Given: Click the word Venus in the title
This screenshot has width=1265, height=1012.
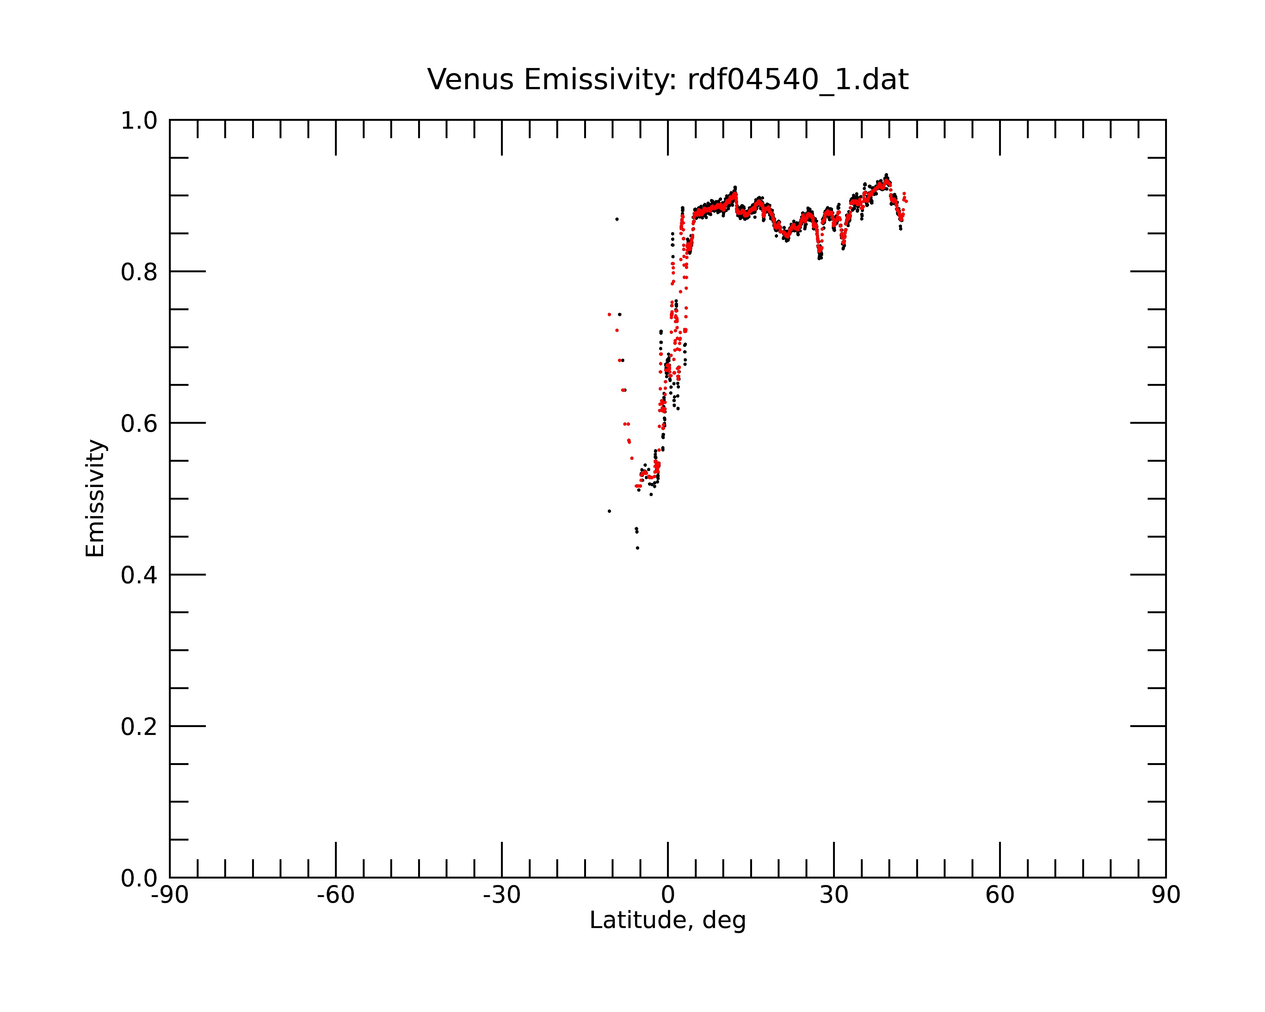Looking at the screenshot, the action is pos(471,80).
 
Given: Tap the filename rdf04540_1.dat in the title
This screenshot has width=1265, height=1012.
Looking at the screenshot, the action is pos(798,80).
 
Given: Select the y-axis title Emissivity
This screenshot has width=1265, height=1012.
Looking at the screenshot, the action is pos(95,498).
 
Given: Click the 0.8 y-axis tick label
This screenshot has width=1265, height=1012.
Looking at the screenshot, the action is pos(139,272).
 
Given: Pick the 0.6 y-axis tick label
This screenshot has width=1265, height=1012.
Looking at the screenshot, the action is pos(139,423).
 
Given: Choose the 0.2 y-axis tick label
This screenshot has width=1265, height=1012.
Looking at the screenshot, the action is pos(139,727).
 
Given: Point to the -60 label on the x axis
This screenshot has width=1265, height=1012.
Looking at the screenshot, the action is pos(336,895).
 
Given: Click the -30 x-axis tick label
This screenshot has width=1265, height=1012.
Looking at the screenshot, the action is pos(502,895).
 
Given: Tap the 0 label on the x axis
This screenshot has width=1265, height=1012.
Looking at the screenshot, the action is pos(668,895).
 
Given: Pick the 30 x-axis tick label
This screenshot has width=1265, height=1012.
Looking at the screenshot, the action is pos(834,895).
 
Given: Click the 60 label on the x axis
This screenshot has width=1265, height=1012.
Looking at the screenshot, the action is pos(1000,895).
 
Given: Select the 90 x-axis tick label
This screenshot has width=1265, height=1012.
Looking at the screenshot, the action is pos(1166,895).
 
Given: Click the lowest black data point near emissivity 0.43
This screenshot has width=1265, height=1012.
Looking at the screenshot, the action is pos(637,548).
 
